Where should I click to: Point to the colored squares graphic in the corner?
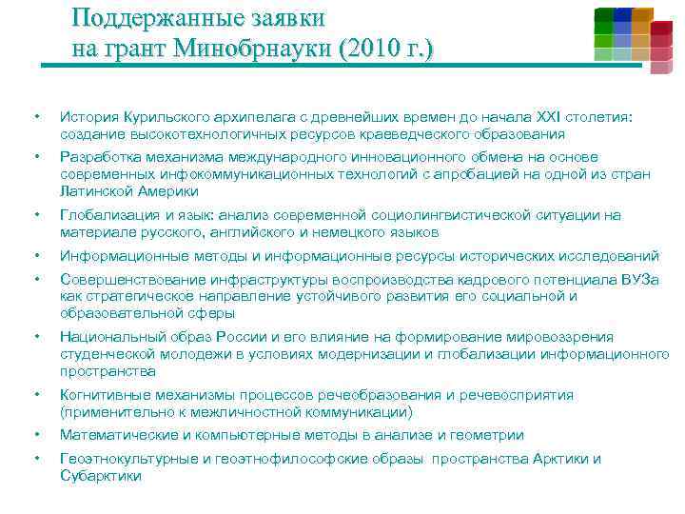click(x=633, y=38)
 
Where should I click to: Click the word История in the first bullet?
click(x=88, y=117)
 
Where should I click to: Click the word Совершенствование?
click(x=131, y=279)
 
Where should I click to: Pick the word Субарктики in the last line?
click(x=100, y=476)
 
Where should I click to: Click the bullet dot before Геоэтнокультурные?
click(x=35, y=460)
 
